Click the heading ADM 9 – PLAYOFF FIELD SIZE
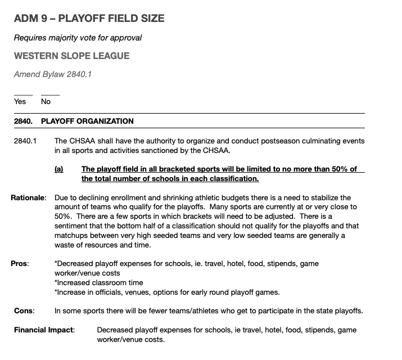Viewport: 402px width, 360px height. (89, 19)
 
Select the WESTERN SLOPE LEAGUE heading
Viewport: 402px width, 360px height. (71, 56)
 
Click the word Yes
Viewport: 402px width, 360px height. (20, 102)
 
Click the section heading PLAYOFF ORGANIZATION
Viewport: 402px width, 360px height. (87, 121)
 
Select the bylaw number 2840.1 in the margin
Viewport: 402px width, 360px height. (25, 141)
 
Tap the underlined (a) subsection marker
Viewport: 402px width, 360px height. (58, 169)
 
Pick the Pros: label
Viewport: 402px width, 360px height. (20, 263)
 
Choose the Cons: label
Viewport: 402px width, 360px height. (24, 310)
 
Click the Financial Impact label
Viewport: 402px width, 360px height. (44, 330)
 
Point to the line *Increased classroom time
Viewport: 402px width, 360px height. (98, 282)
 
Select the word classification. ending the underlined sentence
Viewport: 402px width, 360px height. (234, 179)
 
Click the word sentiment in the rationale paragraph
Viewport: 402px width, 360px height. (76, 227)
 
